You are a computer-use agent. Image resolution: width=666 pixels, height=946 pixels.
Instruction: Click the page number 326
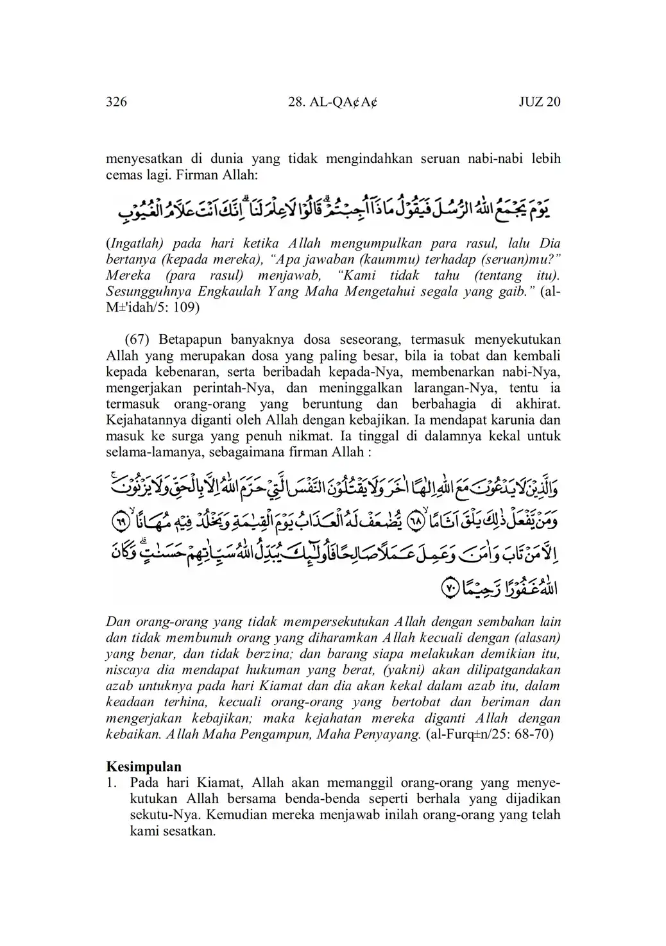tap(116, 102)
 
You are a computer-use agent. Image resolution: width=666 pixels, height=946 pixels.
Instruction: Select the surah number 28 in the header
tap(296, 102)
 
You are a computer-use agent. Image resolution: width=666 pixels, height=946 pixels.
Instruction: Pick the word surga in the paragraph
tap(192, 437)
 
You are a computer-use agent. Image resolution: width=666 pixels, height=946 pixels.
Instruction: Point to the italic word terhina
tap(187, 702)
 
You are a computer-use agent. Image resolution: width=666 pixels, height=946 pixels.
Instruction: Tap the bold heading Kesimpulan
tap(143, 766)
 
